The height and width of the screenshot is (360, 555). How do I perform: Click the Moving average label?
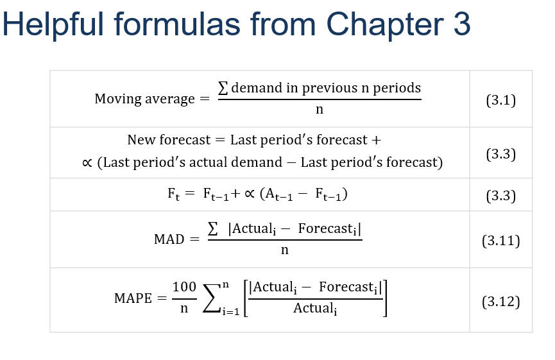pos(144,99)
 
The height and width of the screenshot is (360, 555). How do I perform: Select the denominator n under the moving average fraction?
pos(320,110)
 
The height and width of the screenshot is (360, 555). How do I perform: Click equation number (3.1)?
pos(500,99)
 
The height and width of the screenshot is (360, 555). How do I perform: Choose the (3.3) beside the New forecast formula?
pos(500,153)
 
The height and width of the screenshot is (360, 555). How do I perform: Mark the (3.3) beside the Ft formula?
pos(500,196)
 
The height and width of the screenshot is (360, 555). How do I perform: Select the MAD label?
pos(169,239)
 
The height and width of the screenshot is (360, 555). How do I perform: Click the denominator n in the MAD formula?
pos(285,250)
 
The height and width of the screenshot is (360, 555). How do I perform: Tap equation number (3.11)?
pos(500,241)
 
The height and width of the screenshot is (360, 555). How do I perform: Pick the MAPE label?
pos(133,298)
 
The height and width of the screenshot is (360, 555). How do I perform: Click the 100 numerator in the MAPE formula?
pos(184,287)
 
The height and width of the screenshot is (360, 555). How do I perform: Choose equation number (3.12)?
pos(500,302)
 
